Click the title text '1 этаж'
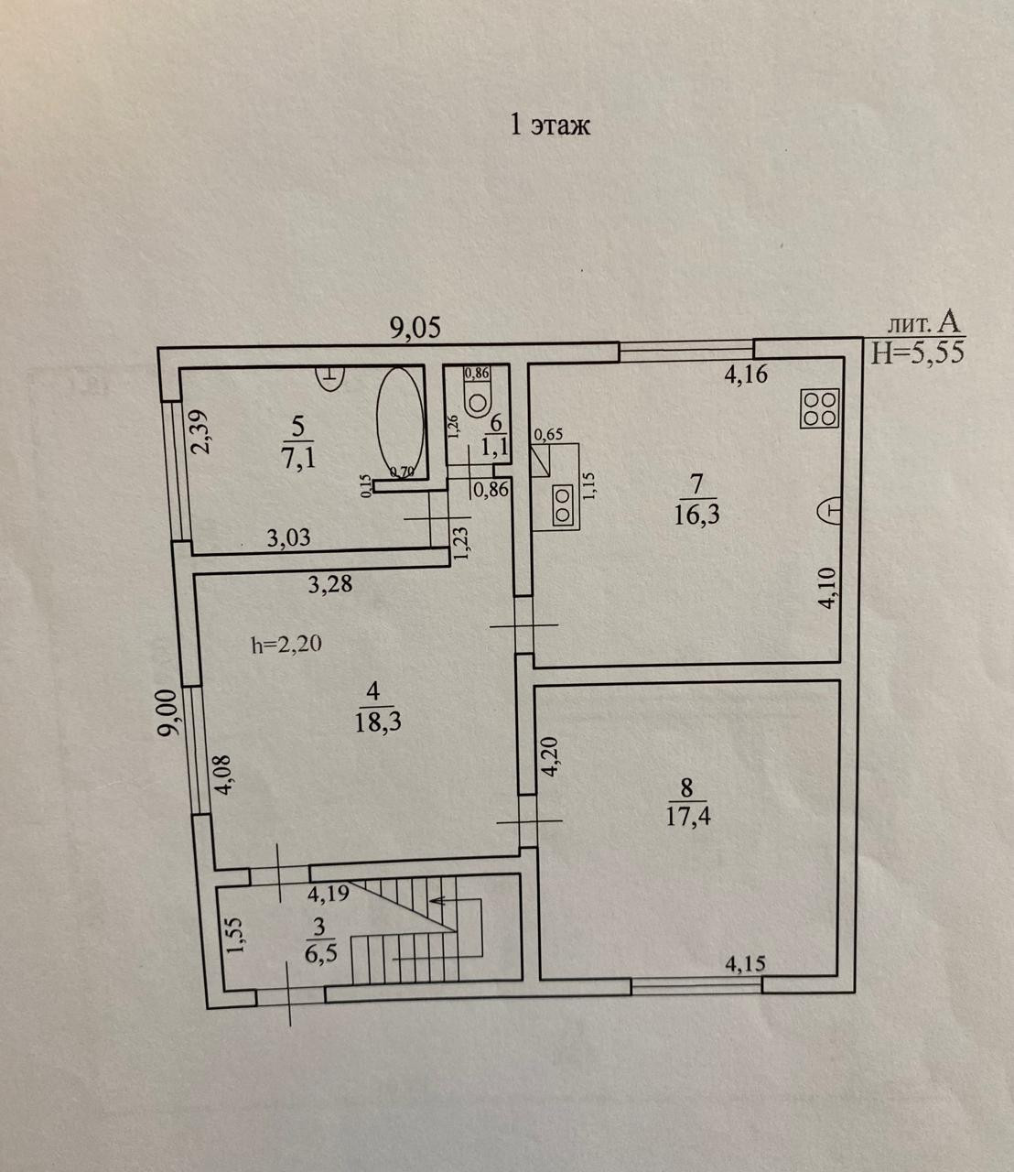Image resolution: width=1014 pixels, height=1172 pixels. tap(549, 125)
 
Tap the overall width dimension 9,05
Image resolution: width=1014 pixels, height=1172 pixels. tap(415, 328)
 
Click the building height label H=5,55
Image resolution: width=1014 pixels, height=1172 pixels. tap(917, 353)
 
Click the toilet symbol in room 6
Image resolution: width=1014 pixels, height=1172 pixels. tap(478, 399)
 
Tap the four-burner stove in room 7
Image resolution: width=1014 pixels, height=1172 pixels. tap(819, 407)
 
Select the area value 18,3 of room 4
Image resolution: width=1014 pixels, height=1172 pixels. tap(380, 721)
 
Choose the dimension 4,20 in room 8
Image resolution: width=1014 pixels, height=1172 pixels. tap(549, 757)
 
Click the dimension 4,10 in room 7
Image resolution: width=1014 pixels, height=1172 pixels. tap(826, 587)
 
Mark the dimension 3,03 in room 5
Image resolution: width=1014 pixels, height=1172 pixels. tap(288, 537)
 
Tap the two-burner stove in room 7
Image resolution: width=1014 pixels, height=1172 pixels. tap(560, 505)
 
